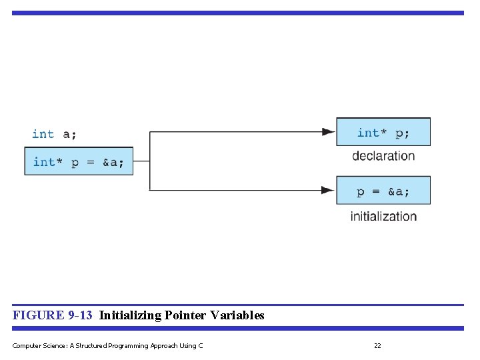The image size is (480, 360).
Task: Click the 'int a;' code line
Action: point(54,134)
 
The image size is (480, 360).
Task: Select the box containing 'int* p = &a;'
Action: point(79,162)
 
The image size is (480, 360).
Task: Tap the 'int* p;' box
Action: point(383,133)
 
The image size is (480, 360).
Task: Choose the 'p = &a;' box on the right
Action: point(383,191)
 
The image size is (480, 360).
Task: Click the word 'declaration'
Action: point(383,156)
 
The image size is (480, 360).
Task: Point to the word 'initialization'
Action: point(383,216)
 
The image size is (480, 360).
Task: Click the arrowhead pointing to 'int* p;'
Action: point(328,132)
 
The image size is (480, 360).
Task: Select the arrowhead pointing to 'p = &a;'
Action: point(328,191)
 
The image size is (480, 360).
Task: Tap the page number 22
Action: point(377,345)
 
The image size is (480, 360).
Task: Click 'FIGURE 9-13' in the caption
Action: point(52,315)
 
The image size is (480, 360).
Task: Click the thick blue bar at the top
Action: point(237,13)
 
